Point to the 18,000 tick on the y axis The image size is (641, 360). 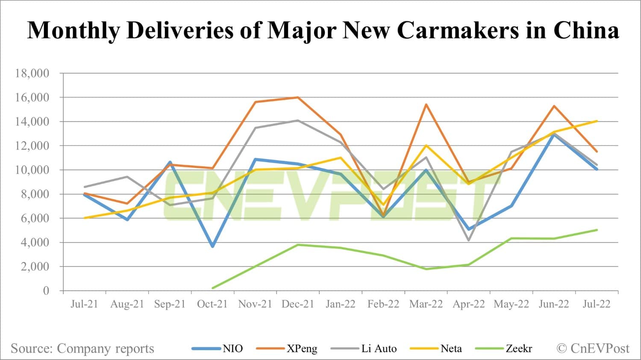click(x=32, y=74)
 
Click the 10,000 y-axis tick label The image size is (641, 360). click(x=32, y=170)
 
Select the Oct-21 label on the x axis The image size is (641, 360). click(x=212, y=304)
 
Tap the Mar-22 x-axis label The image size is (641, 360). click(x=426, y=304)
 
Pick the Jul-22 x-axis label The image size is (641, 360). click(x=597, y=304)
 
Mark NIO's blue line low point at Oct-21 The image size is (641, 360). click(x=212, y=246)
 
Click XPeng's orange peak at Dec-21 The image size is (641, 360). click(x=298, y=97)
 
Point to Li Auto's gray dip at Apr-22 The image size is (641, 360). click(x=469, y=240)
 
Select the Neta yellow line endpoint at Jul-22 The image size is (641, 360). click(x=597, y=121)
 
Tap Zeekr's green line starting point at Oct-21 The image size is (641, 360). click(x=212, y=288)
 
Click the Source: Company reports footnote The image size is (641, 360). click(x=82, y=348)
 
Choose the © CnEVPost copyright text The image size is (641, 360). click(x=593, y=348)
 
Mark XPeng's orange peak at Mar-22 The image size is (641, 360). click(x=426, y=104)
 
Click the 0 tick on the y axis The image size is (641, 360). click(x=46, y=291)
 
